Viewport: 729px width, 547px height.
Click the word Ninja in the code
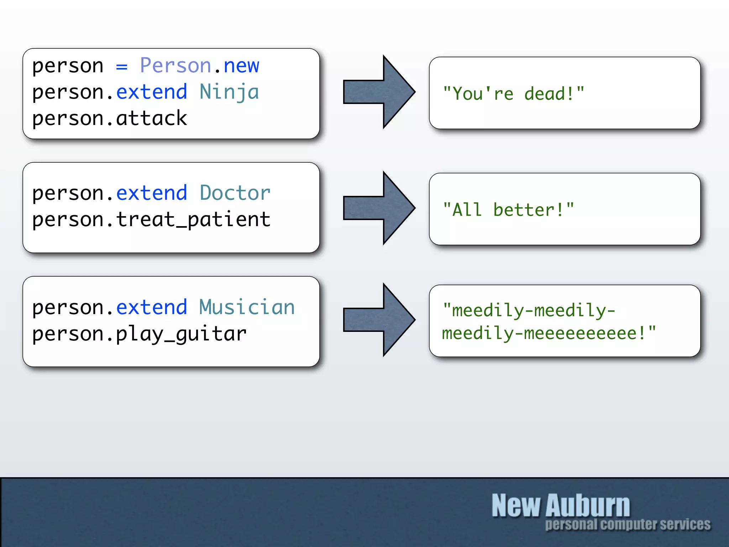[x=229, y=92]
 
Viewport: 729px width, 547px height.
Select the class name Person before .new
[x=175, y=66]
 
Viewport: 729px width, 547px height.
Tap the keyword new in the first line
[x=241, y=66]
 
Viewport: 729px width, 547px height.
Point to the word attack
[x=151, y=118]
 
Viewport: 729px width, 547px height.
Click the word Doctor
[x=235, y=193]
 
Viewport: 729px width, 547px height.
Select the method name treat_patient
[x=193, y=219]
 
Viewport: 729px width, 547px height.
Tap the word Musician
[x=247, y=307]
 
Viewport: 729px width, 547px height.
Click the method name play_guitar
[x=181, y=334]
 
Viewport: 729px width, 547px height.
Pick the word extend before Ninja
[x=152, y=92]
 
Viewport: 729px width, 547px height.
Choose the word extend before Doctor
[x=152, y=193]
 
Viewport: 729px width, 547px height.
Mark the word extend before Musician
[x=152, y=307]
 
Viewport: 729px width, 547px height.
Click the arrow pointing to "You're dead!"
[x=379, y=92]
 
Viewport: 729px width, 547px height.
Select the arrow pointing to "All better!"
[x=379, y=208]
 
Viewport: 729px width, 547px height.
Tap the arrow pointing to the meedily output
[x=379, y=320]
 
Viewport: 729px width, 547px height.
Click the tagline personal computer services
[x=628, y=525]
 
